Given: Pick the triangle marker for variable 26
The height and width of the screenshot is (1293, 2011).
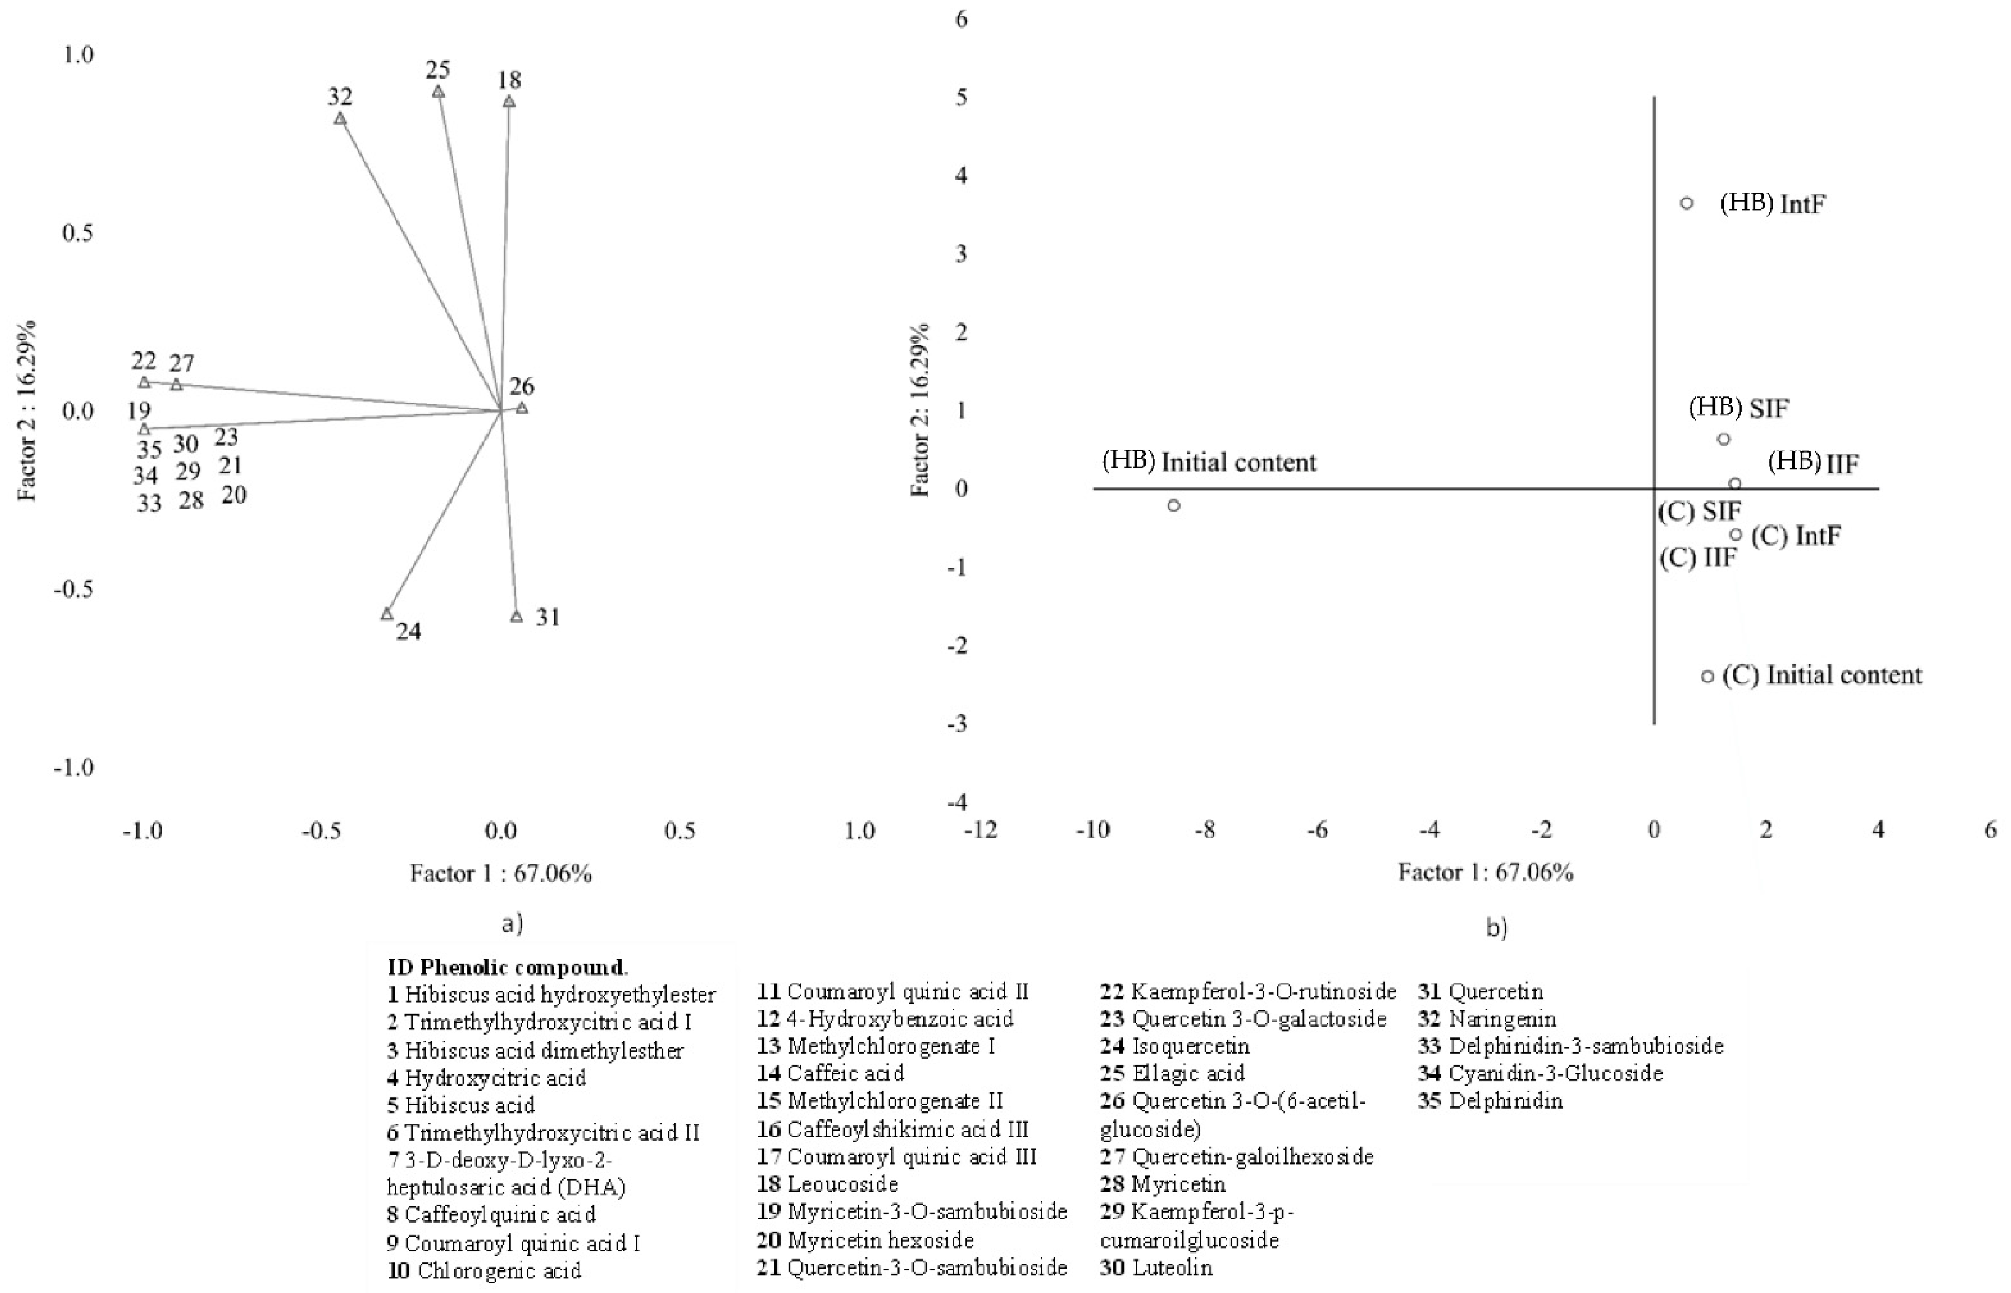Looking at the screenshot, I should tap(522, 408).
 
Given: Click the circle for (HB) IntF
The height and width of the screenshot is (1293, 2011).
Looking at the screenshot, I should tap(1686, 203).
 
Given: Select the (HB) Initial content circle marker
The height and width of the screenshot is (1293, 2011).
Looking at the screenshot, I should tap(1174, 505).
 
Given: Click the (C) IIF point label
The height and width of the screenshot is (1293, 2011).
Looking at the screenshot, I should tap(1698, 558).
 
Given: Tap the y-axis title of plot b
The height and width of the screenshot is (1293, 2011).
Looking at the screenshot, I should tap(921, 410).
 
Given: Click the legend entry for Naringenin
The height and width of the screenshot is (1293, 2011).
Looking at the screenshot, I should tap(1488, 1019).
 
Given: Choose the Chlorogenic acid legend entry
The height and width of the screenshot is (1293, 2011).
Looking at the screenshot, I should tap(484, 1270).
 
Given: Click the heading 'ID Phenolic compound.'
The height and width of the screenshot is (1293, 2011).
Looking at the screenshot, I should tap(507, 967).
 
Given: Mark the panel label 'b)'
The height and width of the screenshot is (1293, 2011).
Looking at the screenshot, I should tap(1497, 928).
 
